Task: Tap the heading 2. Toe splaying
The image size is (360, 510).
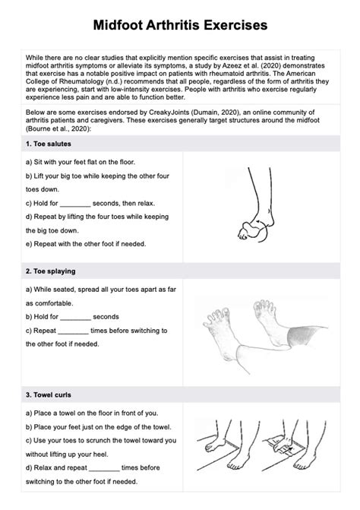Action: pos(50,271)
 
